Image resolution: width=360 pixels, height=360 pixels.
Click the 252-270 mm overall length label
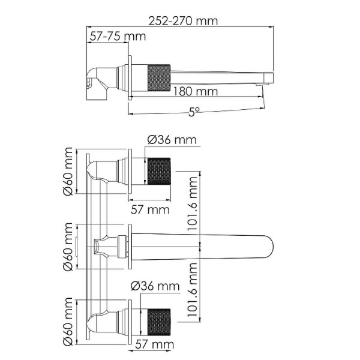coord(184,21)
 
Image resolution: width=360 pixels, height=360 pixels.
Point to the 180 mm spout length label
coord(196,92)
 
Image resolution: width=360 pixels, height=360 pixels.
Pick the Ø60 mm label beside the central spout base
coord(69,247)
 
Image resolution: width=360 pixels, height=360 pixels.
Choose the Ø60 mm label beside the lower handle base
coord(69,322)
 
